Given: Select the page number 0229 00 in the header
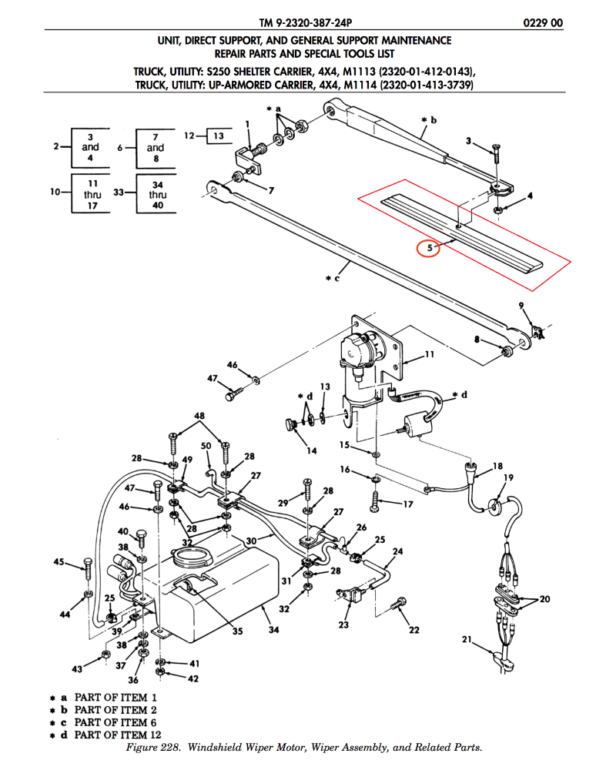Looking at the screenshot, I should (542, 23).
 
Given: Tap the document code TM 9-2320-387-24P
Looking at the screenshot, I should (303, 23).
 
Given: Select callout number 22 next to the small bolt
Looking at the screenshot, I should (413, 630).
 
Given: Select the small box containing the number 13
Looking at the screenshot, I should (219, 136).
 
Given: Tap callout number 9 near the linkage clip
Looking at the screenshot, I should (521, 306).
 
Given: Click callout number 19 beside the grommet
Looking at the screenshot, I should (508, 478).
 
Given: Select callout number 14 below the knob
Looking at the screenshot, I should (312, 450).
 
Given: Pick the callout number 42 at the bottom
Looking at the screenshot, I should (193, 678).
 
